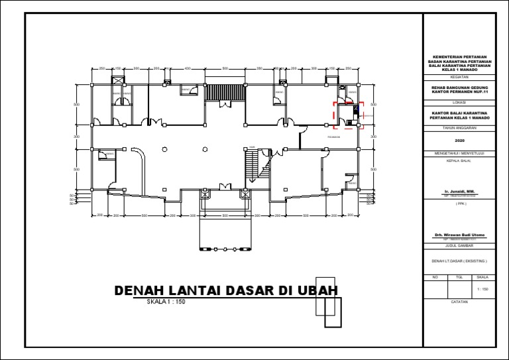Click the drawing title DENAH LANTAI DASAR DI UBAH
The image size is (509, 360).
click(226, 291)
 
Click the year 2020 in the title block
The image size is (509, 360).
click(460, 141)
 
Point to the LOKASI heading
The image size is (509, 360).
click(460, 103)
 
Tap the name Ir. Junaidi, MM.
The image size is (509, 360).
click(460, 191)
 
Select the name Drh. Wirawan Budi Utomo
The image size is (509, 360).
click(460, 235)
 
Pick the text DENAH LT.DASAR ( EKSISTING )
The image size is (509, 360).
click(460, 261)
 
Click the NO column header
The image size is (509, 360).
click(435, 277)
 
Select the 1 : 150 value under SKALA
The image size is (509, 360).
click(482, 290)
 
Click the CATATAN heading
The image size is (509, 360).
click(460, 302)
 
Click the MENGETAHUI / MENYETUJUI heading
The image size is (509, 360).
click(460, 153)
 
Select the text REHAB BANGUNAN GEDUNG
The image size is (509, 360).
click(460, 86)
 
